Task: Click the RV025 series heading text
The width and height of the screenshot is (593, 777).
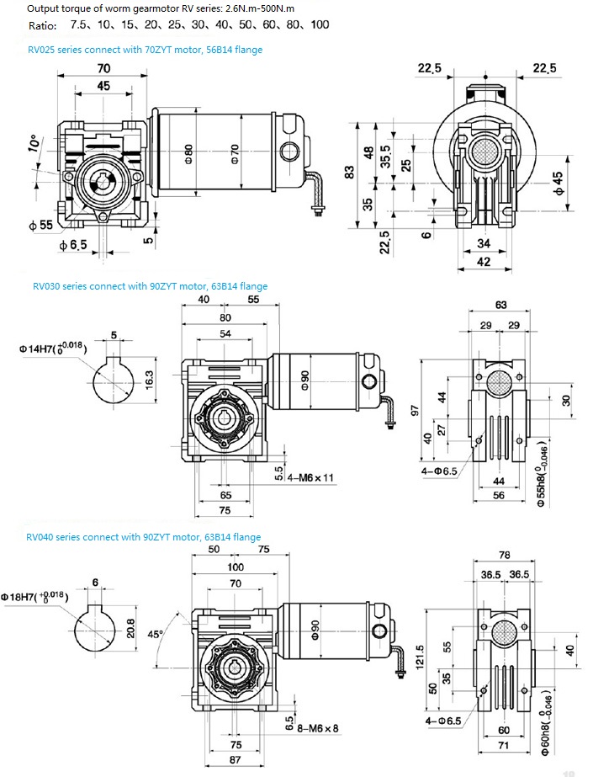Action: (145, 50)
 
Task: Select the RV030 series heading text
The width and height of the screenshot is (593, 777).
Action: (150, 286)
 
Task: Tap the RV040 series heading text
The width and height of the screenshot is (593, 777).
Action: (143, 537)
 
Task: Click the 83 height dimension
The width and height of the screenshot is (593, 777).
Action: (349, 170)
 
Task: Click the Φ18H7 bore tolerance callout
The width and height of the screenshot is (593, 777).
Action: (45, 594)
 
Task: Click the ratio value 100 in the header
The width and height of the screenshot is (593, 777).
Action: (320, 24)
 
